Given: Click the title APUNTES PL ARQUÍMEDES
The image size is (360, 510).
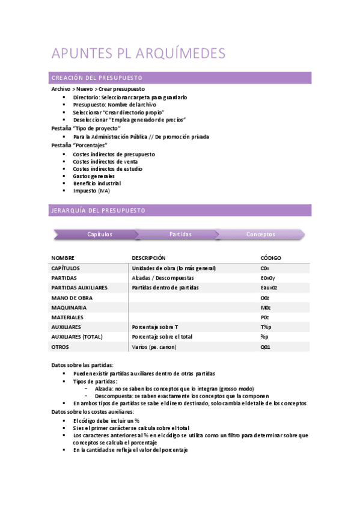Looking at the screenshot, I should (139, 53).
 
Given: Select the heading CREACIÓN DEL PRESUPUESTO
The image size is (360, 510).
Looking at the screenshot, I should (97, 78).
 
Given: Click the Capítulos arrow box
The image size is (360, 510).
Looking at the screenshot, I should (99, 235).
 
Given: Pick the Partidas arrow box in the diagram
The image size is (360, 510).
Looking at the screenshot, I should (180, 235).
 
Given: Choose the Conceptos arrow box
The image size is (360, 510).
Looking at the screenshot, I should (261, 235).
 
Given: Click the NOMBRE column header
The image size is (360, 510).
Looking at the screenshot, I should (63, 258).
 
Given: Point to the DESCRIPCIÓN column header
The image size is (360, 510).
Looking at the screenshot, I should (150, 258).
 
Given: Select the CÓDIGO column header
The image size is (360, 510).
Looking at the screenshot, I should (270, 258).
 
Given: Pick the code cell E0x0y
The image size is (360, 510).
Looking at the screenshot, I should (267, 278).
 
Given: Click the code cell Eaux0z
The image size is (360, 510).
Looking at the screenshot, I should (269, 287).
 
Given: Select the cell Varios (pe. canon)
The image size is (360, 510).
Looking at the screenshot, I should (154, 347).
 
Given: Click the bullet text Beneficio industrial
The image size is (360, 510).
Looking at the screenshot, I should (97, 183).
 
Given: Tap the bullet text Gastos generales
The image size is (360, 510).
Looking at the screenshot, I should (94, 176).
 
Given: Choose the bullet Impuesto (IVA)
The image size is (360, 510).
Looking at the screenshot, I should (91, 191).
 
